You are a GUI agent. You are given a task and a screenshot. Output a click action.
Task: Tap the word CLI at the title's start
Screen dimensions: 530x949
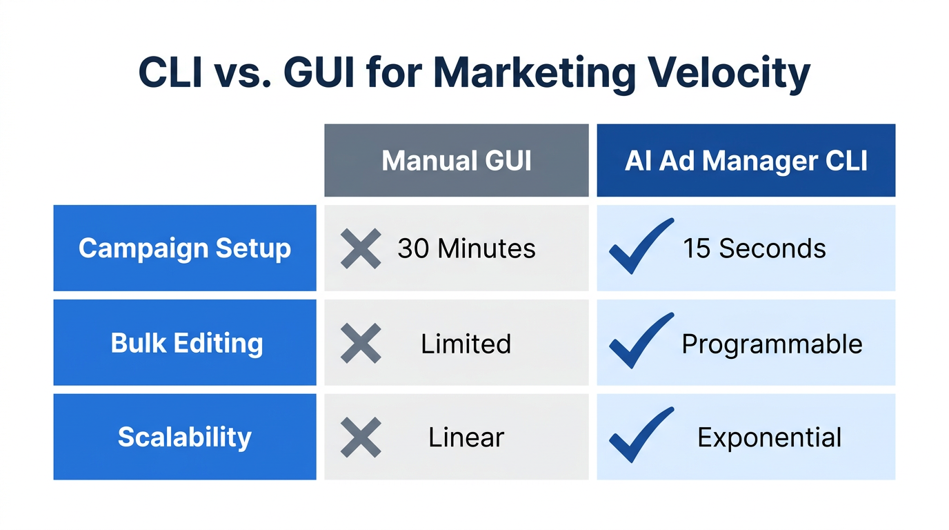(170, 73)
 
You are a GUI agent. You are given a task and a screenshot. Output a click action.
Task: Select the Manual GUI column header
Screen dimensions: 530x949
(457, 161)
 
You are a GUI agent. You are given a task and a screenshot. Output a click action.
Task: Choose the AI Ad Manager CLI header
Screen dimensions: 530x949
(746, 161)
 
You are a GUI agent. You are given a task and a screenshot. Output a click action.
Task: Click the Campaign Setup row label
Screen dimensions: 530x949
(185, 248)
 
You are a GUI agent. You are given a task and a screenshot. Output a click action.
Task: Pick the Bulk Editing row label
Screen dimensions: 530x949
(187, 343)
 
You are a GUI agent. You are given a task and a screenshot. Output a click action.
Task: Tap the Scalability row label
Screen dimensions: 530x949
(185, 437)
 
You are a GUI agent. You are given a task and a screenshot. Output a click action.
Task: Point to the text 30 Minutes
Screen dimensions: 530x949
(466, 248)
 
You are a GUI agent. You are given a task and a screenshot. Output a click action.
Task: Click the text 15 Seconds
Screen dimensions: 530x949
(754, 248)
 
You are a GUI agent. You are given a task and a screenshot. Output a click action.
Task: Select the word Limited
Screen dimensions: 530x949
(466, 343)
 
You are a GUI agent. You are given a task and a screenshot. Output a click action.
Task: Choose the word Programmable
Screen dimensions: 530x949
(772, 344)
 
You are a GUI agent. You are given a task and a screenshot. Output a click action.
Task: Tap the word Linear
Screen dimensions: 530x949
(466, 437)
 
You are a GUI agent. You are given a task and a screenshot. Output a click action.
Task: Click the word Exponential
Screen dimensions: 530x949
(769, 437)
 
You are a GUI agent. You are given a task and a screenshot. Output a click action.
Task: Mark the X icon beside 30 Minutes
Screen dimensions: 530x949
(361, 248)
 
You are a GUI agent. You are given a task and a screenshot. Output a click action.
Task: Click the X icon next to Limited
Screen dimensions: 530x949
(361, 343)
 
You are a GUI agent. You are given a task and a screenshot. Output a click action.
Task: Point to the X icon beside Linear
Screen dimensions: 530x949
(361, 437)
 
